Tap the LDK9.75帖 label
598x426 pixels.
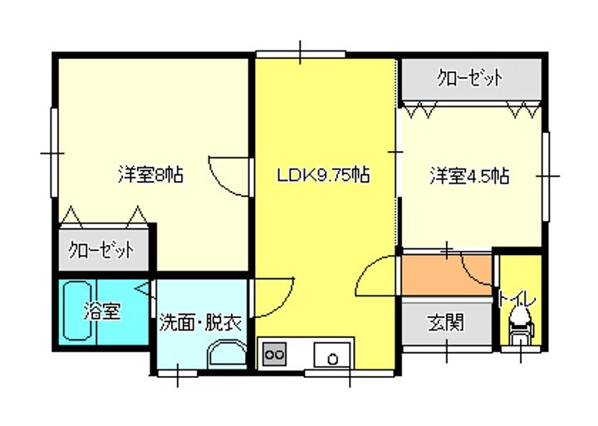tap(323, 175)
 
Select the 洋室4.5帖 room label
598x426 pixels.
tap(468, 175)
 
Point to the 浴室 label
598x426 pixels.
tap(103, 312)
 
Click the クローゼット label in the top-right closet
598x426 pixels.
tap(471, 80)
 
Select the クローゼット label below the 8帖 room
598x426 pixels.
tap(101, 249)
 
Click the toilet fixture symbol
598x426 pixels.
tap(522, 323)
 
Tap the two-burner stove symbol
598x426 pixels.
tap(274, 355)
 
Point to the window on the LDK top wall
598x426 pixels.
tap(300, 54)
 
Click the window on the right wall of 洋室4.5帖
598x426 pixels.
tap(547, 176)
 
